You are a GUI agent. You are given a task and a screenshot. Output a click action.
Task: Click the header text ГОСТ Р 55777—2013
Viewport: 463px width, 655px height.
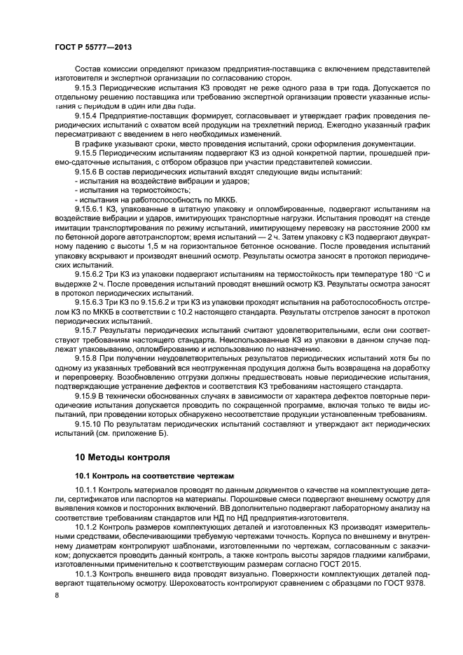click(x=93, y=46)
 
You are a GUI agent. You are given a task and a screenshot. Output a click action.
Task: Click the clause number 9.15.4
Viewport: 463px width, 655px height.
click(x=88, y=115)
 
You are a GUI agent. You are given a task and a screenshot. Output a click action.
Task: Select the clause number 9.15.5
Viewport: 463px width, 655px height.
click(x=88, y=151)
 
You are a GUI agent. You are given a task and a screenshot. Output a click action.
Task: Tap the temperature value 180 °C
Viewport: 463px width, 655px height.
click(x=413, y=271)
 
